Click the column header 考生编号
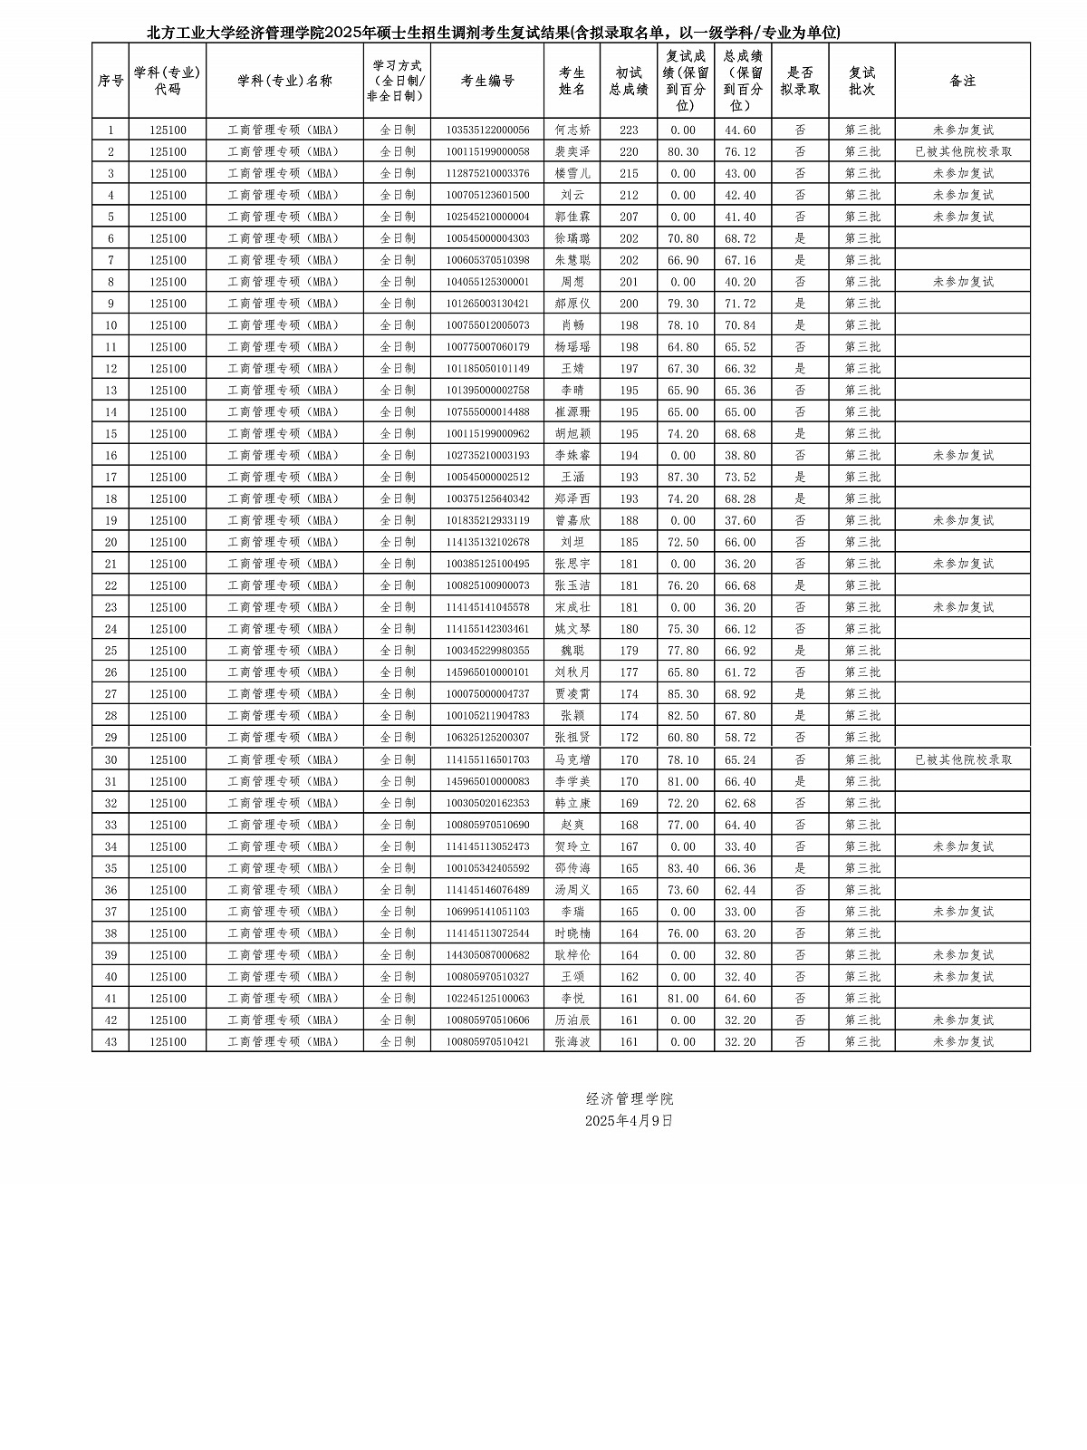coord(487,81)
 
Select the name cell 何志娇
coord(572,130)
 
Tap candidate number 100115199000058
coord(487,151)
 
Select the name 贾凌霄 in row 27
coord(572,694)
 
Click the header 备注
coord(962,81)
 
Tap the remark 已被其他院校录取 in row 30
coord(963,759)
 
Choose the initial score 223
coord(629,130)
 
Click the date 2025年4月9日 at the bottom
coord(629,1120)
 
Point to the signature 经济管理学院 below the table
coord(629,1098)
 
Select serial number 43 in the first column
coord(111,1042)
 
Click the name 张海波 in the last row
coord(572,1042)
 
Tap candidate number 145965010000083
coord(487,781)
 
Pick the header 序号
coord(111,81)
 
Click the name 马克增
coord(572,759)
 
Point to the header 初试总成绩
coord(629,81)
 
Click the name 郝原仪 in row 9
coord(572,304)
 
